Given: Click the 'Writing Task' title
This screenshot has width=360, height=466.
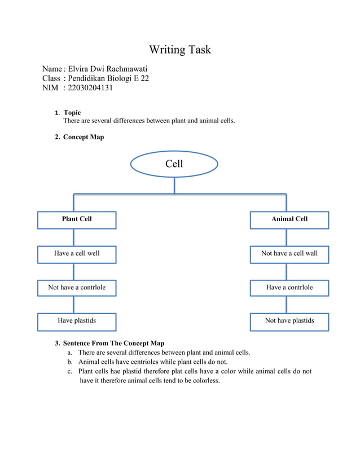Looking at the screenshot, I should [x=179, y=50].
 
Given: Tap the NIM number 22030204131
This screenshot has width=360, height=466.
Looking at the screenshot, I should [x=90, y=87].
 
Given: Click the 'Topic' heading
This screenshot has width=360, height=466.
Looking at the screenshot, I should [x=72, y=113].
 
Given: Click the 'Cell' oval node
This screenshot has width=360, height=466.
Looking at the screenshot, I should [x=174, y=164].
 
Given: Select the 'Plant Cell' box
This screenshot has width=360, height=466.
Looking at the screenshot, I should [x=77, y=219].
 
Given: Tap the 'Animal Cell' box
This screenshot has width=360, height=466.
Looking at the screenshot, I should [x=289, y=219].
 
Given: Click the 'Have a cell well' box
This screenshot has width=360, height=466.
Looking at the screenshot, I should [x=77, y=254].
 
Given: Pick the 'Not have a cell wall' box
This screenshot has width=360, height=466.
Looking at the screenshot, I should [x=289, y=254].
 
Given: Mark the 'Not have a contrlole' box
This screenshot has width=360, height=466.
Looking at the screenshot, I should [x=77, y=288].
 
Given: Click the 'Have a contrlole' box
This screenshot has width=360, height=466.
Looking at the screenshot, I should [x=289, y=288].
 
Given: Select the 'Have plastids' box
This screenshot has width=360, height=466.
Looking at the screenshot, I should [x=77, y=321].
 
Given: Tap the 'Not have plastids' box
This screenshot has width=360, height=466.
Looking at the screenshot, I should [x=289, y=321].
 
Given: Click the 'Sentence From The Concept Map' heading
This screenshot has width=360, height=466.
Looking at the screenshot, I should [x=113, y=343].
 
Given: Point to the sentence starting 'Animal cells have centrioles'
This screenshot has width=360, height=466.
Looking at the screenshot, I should [x=152, y=362].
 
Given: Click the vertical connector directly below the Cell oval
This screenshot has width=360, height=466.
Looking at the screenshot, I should [x=174, y=185].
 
